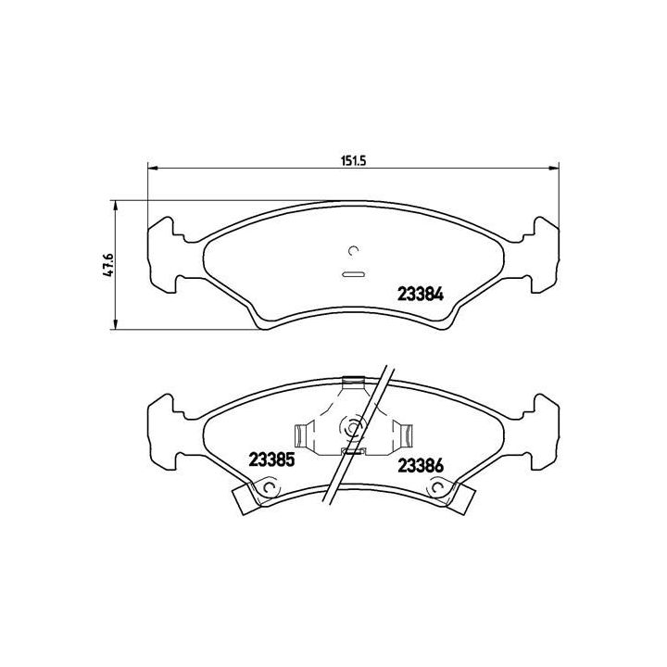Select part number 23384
(420, 295)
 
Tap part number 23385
(271, 459)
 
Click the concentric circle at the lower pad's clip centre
(353, 426)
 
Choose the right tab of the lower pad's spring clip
(404, 432)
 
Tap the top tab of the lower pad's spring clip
(353, 381)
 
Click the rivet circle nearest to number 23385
(269, 488)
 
